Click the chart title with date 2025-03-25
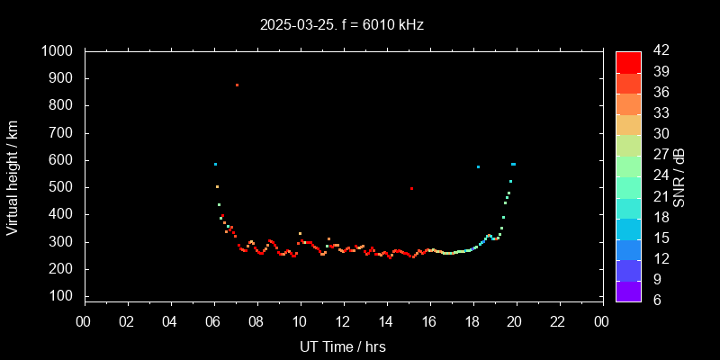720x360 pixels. (341, 25)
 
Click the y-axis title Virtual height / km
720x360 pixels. (13, 176)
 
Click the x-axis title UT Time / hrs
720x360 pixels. (343, 346)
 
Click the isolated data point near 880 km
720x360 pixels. (237, 85)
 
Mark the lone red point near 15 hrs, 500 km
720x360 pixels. (411, 188)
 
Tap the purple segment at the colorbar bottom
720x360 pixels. (628, 291)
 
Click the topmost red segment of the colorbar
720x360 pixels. (628, 61)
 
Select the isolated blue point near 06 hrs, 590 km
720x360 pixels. (215, 164)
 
